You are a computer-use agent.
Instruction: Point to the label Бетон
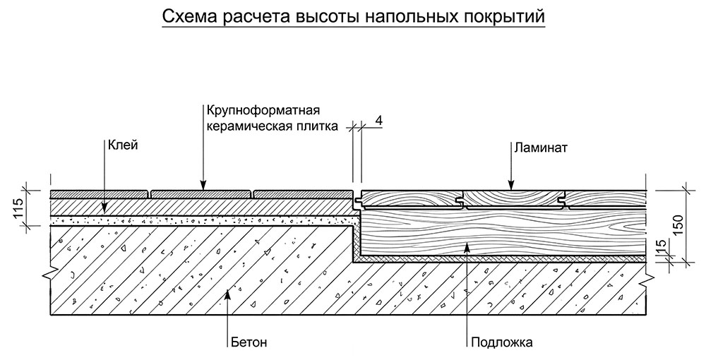click(249, 343)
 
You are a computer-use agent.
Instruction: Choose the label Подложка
click(503, 343)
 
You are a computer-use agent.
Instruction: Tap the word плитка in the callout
click(318, 126)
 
